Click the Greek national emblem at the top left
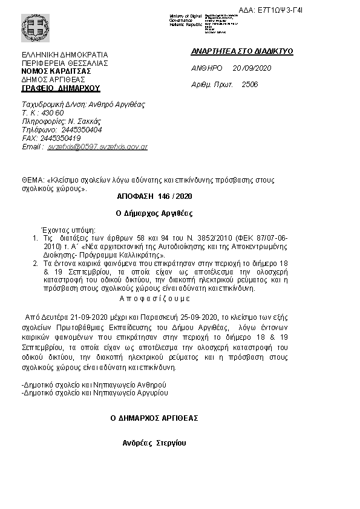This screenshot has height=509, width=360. tap(31, 27)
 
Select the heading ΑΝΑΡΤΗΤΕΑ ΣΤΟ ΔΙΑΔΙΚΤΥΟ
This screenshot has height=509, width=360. tap(241, 51)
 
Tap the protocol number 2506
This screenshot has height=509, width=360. tap(249, 85)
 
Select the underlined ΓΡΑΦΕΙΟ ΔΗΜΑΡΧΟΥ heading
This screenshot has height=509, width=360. tap(61, 88)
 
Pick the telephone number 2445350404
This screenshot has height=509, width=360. tap(82, 129)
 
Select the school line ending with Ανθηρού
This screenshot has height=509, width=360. tap(93, 384)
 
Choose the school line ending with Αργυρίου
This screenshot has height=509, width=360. tap(94, 392)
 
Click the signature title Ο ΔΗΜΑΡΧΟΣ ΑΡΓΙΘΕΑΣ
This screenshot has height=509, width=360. tap(154, 418)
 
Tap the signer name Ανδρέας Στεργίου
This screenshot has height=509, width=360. tap(154, 443)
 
